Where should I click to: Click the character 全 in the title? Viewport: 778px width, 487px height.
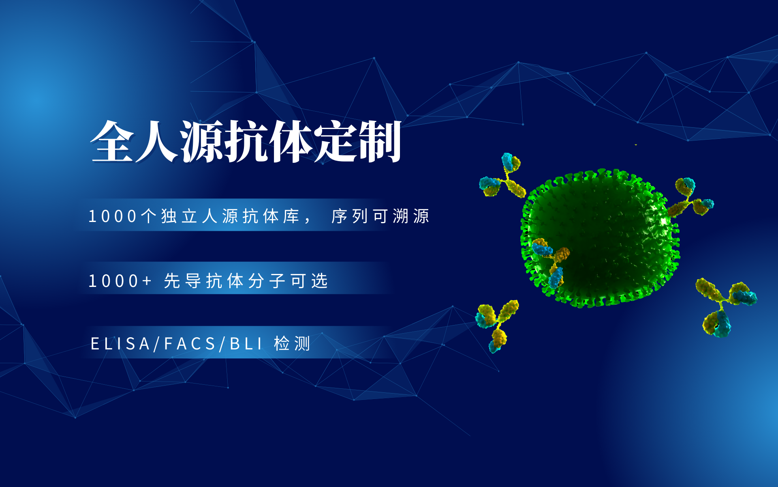point(112,141)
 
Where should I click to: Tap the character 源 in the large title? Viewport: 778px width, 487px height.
point(202,141)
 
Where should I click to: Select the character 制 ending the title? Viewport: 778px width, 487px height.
point(379,141)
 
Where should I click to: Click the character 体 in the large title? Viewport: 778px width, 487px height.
point(291,141)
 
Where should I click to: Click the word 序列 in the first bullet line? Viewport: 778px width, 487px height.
point(349,216)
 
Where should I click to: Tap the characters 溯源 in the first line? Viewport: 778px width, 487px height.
point(410,216)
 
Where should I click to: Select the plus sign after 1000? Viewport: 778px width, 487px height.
point(146,281)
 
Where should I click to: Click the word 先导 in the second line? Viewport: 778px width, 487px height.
point(182,281)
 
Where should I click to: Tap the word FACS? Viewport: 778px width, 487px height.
point(190,344)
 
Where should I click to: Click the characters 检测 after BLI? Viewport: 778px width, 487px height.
point(292,344)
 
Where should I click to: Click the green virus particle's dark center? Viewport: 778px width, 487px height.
point(600,239)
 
